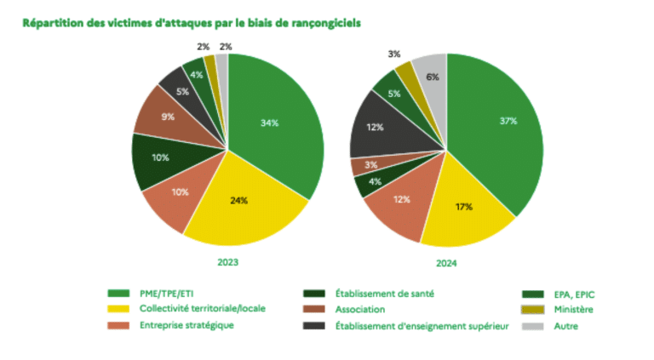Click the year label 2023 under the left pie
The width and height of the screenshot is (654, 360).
point(227,262)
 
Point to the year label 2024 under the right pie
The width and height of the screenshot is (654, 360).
point(446,262)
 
